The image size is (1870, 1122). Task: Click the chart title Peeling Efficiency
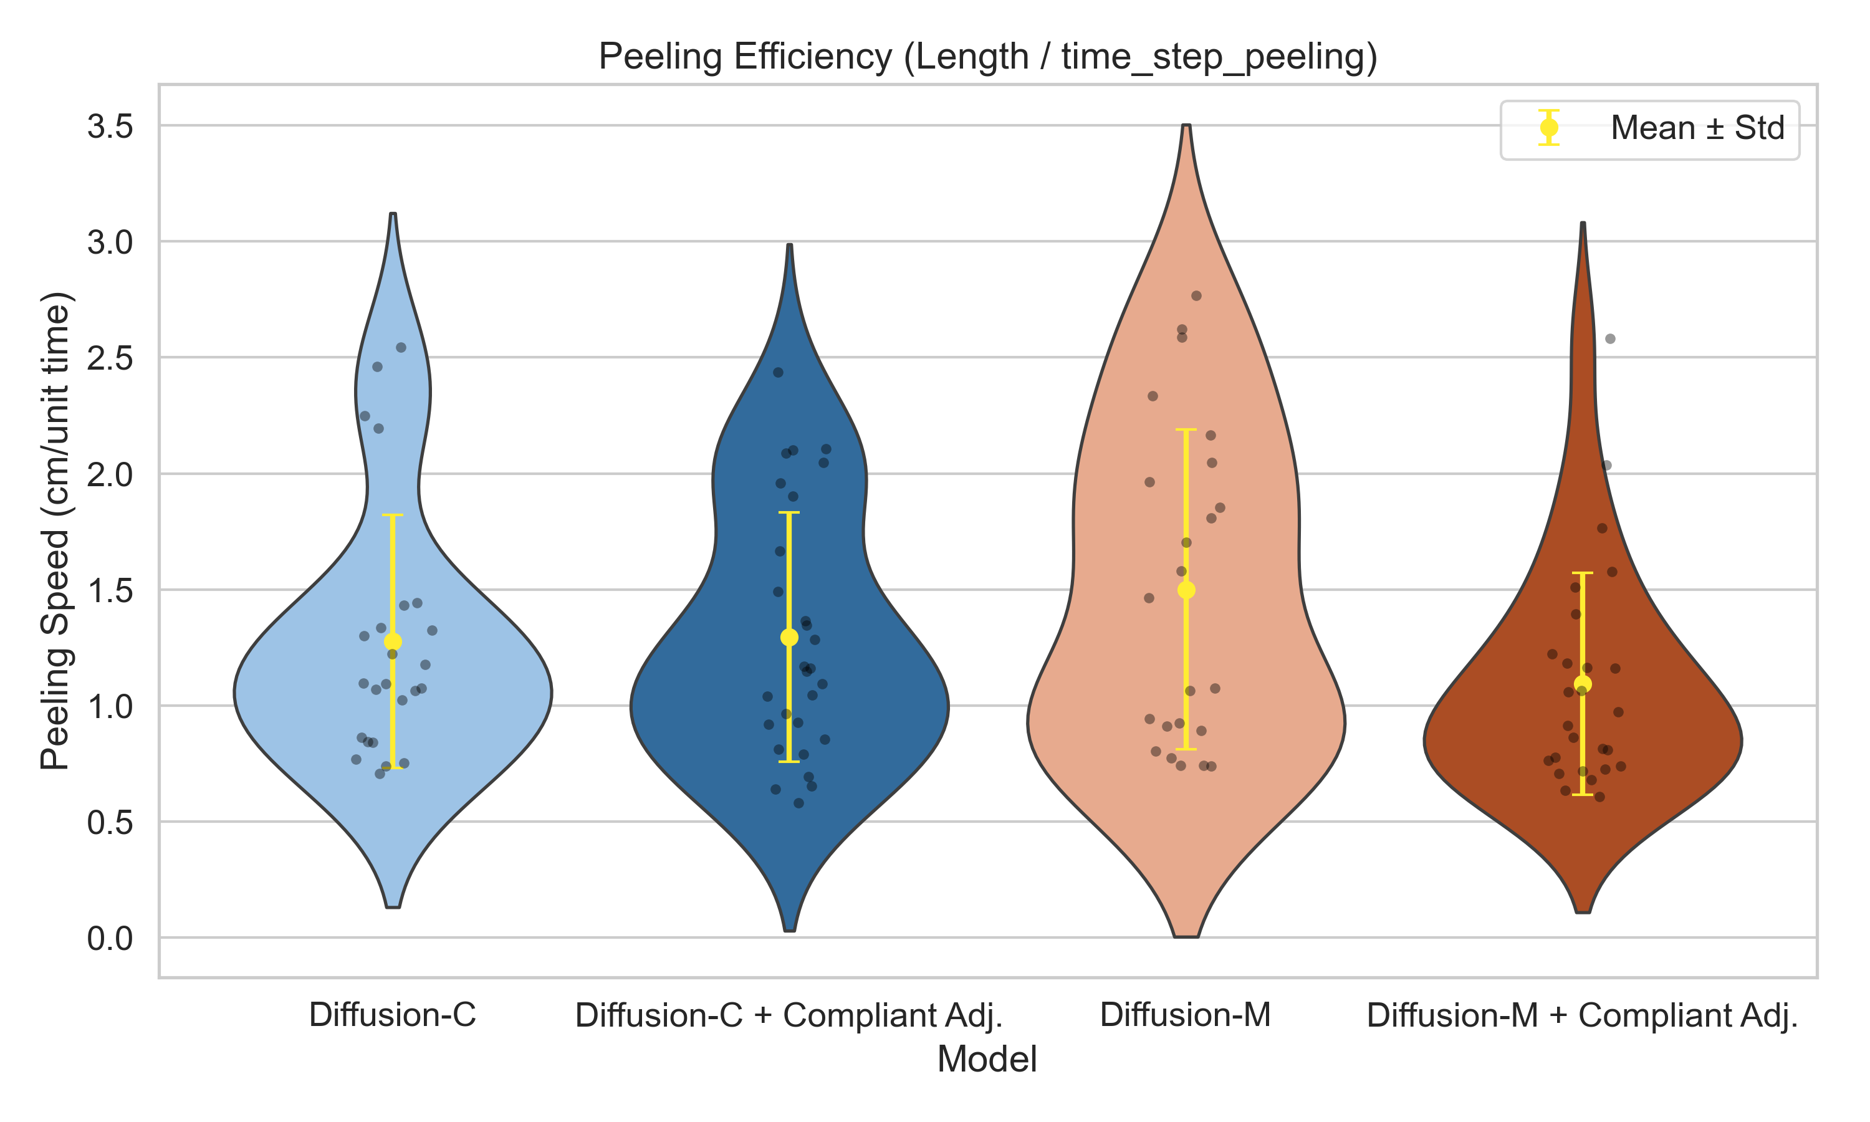coord(987,57)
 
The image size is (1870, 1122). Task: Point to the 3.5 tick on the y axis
coord(110,127)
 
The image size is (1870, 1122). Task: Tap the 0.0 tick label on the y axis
coord(110,938)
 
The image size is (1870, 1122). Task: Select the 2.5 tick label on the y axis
coord(110,358)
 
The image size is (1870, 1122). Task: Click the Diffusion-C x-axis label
coord(392,1015)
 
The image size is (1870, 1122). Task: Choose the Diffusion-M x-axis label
coord(1185,1015)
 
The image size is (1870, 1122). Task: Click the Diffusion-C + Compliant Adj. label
coord(789,1015)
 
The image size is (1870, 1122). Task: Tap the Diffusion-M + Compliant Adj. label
coord(1582,1015)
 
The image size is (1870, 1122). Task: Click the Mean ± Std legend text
coord(1697,128)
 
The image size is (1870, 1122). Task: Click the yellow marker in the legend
coord(1549,128)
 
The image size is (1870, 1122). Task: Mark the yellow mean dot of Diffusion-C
coord(392,642)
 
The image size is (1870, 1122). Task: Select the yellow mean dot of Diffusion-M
coord(1186,590)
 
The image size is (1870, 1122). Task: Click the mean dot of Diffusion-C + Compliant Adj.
coord(789,638)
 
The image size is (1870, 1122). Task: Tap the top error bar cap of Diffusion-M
coord(1186,429)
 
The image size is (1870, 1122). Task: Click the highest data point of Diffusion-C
coord(401,348)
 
